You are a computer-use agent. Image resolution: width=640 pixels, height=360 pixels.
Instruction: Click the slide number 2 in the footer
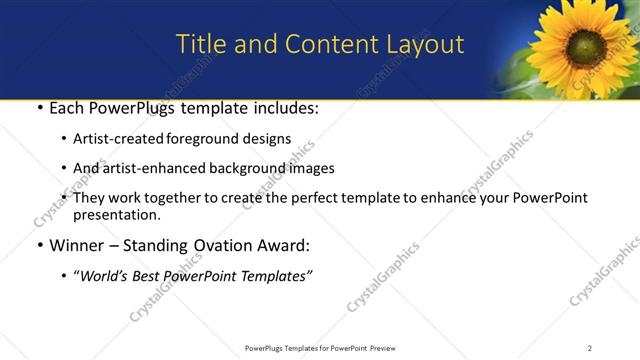590,348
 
